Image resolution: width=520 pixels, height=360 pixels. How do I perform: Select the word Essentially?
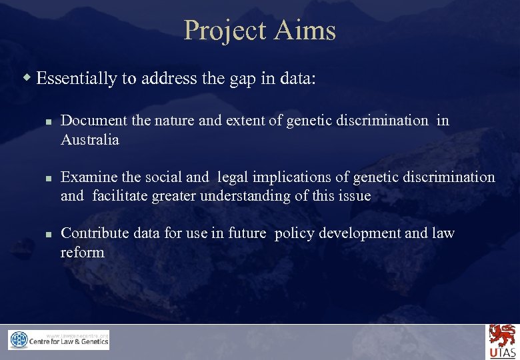pos(77,79)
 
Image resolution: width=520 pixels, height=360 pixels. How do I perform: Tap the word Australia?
pos(90,140)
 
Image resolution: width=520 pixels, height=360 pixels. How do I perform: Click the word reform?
pos(83,252)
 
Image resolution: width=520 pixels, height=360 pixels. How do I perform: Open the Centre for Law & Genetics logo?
pos(59,340)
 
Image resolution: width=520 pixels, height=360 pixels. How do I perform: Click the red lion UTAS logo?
pos(503,341)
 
